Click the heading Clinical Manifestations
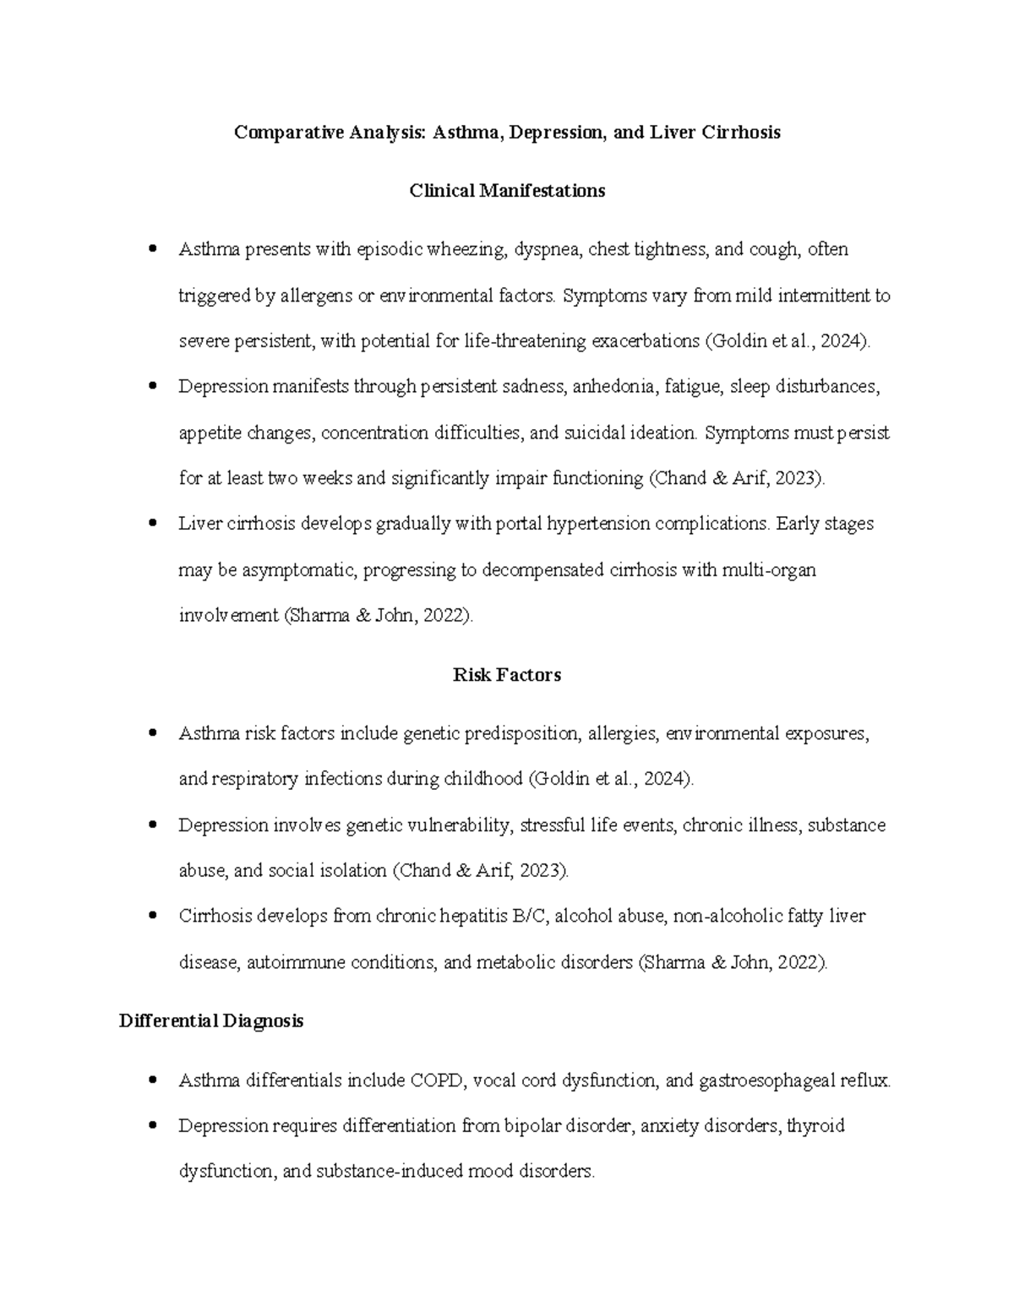(507, 191)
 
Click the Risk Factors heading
(507, 675)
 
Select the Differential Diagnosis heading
(211, 1021)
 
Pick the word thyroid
(815, 1126)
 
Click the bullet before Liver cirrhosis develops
(152, 524)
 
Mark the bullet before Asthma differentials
(152, 1080)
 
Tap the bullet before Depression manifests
(152, 387)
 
